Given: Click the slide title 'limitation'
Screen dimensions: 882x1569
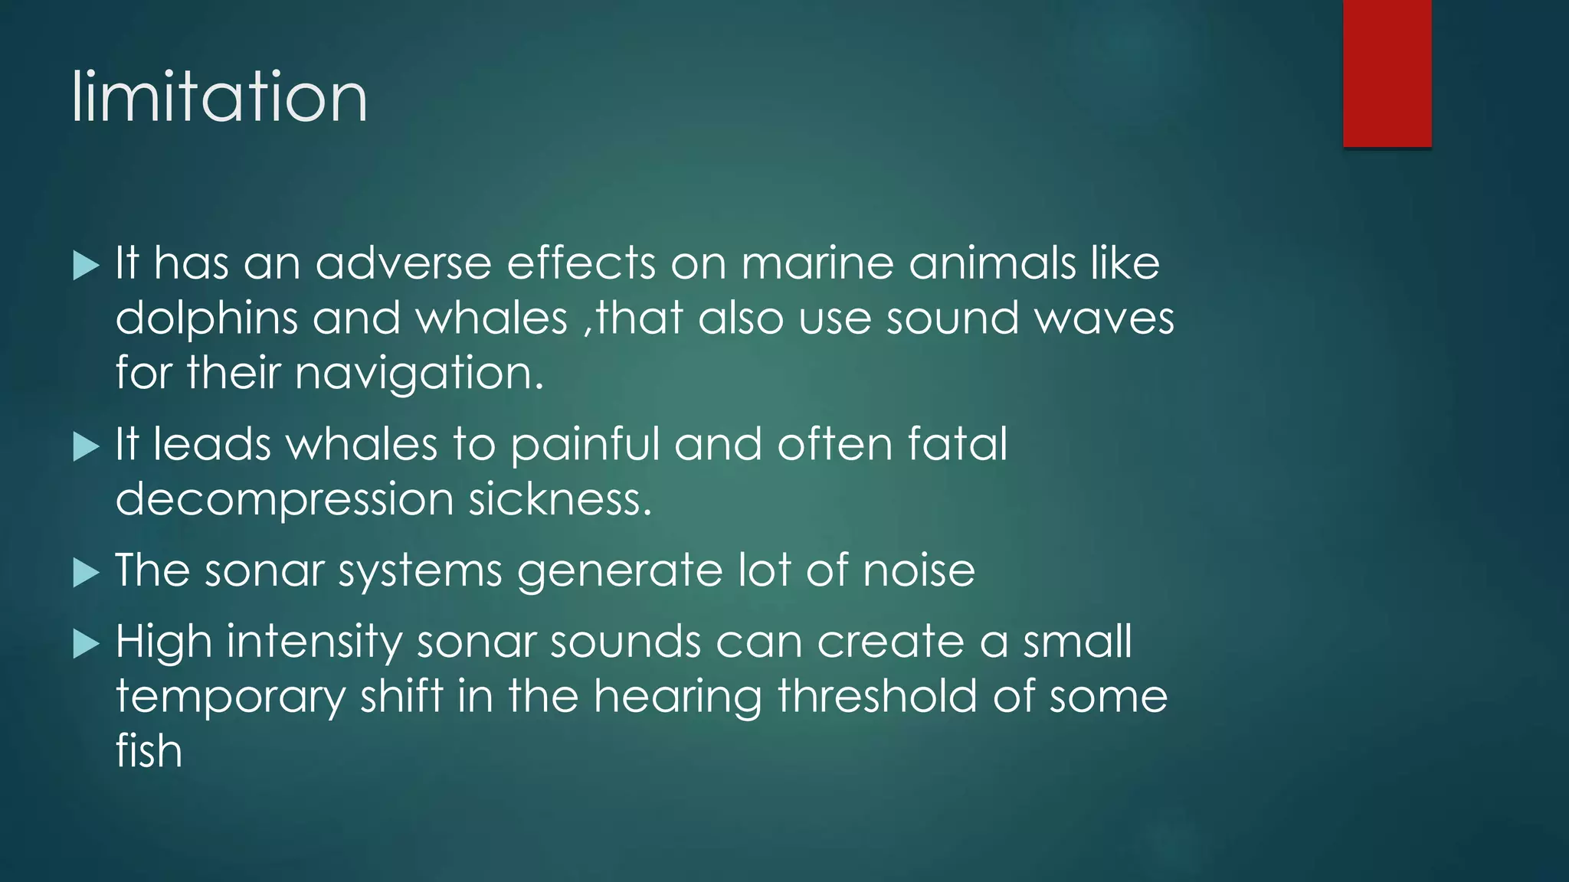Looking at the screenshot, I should pos(220,97).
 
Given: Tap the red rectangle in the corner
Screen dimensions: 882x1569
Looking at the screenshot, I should pos(1387,73).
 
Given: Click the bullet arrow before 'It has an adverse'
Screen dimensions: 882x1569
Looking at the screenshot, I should pos(87,266).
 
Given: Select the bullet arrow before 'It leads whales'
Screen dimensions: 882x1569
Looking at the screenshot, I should pos(87,446).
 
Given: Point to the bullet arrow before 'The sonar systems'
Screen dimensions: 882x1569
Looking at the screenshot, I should pos(87,573).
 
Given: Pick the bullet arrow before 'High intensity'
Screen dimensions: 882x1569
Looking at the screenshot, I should pos(87,644).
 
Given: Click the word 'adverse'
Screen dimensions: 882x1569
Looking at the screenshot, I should pos(403,263).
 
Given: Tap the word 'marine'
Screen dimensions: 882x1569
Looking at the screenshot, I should pos(817,263).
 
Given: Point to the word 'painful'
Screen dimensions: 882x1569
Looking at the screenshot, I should pos(585,445).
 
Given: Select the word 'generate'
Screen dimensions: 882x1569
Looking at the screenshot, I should pos(620,572).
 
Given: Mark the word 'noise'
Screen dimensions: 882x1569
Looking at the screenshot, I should pos(919,571).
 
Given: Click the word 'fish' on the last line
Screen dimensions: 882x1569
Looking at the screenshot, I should pos(149,751).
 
